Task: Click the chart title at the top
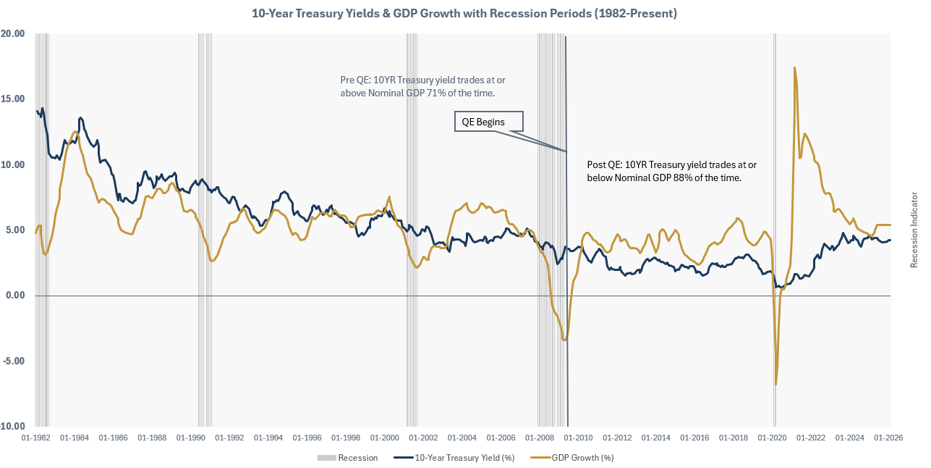(x=464, y=13)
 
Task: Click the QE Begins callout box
(x=488, y=122)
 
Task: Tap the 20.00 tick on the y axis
(x=14, y=33)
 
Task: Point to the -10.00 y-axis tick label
(x=12, y=427)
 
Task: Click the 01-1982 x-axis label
(x=35, y=438)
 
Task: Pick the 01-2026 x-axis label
(x=888, y=438)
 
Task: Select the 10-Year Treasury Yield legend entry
(x=454, y=458)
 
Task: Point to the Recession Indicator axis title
(x=914, y=230)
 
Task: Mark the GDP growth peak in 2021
(x=794, y=68)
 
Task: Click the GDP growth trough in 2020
(x=776, y=384)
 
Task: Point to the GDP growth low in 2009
(x=564, y=340)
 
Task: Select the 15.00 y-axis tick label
(x=14, y=99)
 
